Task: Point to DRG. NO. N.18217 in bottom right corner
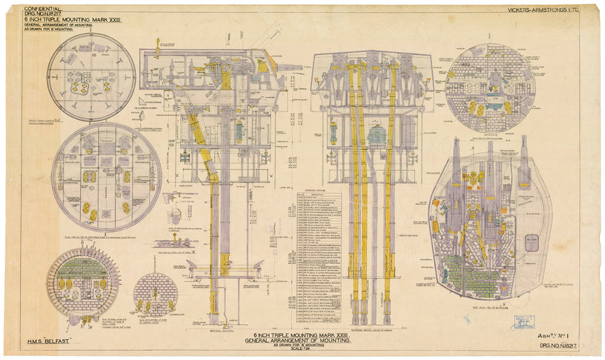point(560,346)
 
